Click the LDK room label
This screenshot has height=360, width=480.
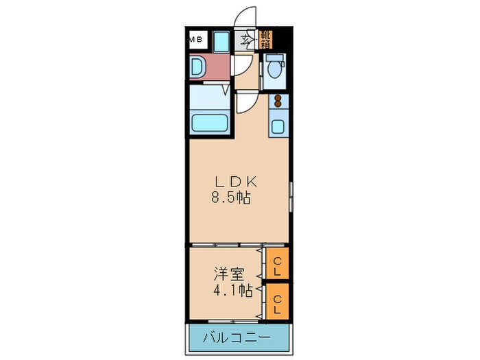coord(236,182)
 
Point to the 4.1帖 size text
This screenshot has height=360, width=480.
coord(228,290)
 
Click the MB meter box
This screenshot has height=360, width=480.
coord(196,39)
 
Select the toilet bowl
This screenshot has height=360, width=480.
coord(275,67)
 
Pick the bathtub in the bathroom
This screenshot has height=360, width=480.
coord(211,123)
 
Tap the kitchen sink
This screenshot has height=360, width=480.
coord(279,126)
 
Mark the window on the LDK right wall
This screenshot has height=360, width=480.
coord(291,195)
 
